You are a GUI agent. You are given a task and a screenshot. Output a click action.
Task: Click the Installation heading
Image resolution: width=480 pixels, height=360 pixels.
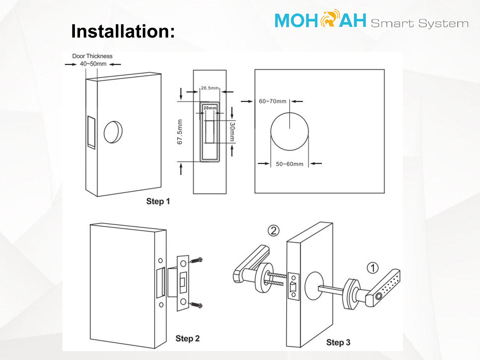pyautogui.click(x=123, y=31)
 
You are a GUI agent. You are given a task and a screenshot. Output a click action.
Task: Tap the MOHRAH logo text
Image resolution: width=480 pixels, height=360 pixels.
pyautogui.click(x=320, y=19)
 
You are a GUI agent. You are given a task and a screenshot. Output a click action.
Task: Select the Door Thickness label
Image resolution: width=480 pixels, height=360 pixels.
pyautogui.click(x=92, y=56)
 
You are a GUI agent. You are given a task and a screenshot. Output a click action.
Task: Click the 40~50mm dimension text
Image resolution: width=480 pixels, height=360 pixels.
pyautogui.click(x=93, y=64)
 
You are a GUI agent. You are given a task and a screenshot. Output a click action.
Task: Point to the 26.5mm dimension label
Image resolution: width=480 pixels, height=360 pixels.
pyautogui.click(x=210, y=88)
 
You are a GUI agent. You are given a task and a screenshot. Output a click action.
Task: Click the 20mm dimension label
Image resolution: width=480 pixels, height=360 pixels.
pyautogui.click(x=210, y=108)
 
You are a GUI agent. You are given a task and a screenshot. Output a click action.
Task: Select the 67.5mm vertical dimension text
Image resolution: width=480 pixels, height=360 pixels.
pyautogui.click(x=180, y=132)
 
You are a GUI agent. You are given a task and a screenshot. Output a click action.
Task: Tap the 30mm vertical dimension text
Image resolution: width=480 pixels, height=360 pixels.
pyautogui.click(x=232, y=132)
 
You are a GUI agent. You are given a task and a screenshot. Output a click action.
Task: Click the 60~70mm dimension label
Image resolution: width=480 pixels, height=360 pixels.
pyautogui.click(x=272, y=101)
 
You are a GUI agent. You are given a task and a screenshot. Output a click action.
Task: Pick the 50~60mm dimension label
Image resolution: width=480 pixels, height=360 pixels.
pyautogui.click(x=290, y=164)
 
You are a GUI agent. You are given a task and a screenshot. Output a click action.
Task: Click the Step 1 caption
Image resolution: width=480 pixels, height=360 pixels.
pyautogui.click(x=158, y=201)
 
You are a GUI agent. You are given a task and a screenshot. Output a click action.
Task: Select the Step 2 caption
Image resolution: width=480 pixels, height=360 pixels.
pyautogui.click(x=188, y=338)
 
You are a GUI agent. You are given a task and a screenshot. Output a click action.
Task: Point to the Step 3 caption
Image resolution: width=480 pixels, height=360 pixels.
pyautogui.click(x=338, y=342)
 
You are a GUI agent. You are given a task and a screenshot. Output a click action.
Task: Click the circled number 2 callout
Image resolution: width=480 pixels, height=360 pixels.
pyautogui.click(x=274, y=231)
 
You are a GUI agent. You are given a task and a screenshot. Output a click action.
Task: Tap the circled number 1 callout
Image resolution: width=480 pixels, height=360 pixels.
pyautogui.click(x=372, y=268)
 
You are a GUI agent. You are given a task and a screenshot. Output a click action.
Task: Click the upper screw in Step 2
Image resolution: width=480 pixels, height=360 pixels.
pyautogui.click(x=196, y=260)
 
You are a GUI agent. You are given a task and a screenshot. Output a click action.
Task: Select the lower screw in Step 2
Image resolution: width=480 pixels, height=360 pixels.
pyautogui.click(x=196, y=305)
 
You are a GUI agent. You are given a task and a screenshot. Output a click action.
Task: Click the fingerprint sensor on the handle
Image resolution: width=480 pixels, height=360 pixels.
pyautogui.click(x=379, y=297)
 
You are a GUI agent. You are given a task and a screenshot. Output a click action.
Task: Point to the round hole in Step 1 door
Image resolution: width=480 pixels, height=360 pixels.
pyautogui.click(x=113, y=132)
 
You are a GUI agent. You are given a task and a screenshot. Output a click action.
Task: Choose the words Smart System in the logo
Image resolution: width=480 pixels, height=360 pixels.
pyautogui.click(x=420, y=23)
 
